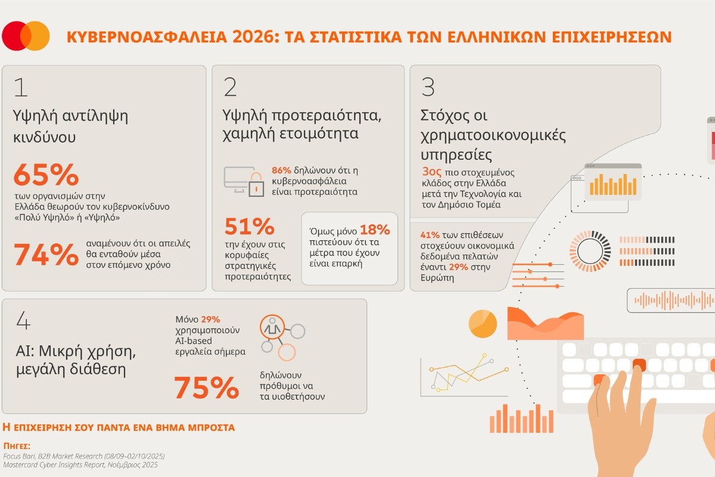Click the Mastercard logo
[26, 36]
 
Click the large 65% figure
[46, 175]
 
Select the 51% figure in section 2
[249, 227]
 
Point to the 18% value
[375, 230]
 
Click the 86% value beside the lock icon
[282, 169]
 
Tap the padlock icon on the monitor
[256, 187]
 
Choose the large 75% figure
[206, 388]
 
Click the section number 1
[20, 87]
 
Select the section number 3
[428, 87]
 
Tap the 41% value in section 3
[430, 234]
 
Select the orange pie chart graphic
[483, 323]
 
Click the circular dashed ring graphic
[590, 247]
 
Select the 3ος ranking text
[431, 172]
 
